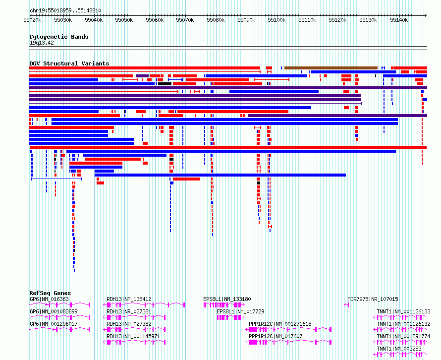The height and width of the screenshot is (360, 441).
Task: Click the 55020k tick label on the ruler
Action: (32, 20)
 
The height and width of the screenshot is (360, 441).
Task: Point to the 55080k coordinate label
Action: (216, 20)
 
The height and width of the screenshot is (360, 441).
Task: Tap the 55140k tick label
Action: (399, 20)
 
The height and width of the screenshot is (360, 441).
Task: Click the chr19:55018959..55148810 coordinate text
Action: (65, 11)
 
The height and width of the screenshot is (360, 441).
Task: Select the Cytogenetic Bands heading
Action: (59, 37)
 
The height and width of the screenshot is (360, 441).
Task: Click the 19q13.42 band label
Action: (42, 43)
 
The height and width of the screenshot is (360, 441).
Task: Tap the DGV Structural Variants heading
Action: (69, 63)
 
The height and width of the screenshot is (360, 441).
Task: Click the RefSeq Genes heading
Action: (50, 293)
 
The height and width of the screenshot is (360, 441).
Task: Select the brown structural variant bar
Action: (331, 68)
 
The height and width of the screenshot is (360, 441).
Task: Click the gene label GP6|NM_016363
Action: (49, 299)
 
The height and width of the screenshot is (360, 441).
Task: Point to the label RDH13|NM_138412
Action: (129, 299)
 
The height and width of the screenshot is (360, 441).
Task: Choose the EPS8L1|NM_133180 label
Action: (227, 299)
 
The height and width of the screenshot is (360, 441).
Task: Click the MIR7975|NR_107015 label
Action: (373, 299)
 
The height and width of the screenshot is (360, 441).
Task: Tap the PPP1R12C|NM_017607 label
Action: (276, 336)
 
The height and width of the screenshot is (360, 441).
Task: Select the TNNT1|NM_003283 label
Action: (399, 349)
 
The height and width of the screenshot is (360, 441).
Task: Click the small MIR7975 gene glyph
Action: (346, 305)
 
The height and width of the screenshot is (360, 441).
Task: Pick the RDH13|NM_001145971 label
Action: (133, 336)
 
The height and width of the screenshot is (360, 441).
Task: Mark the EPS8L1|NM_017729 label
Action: (240, 311)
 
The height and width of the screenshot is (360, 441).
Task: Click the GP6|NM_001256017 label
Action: (54, 324)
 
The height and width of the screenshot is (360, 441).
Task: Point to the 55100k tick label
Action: (277, 20)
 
